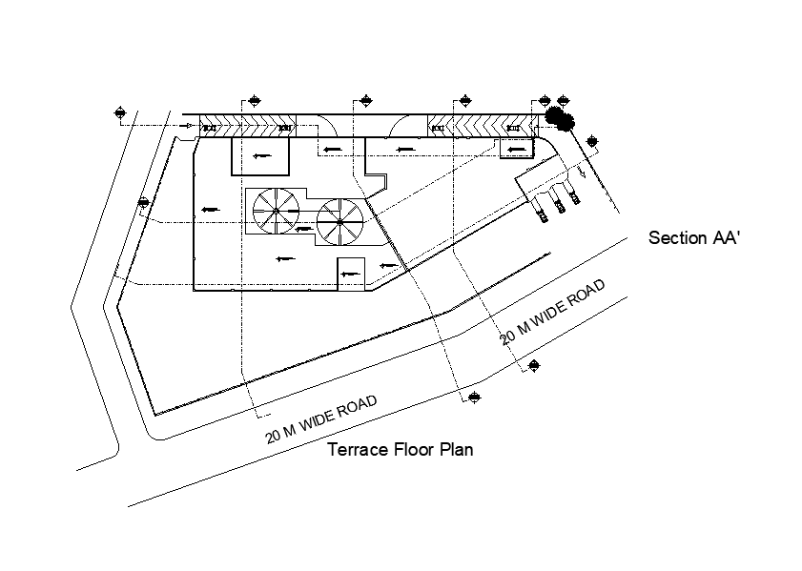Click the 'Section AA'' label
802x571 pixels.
[694, 238]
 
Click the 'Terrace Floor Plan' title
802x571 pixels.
[401, 450]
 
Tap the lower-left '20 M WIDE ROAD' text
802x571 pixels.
[322, 420]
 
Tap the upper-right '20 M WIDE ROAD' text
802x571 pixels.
[553, 311]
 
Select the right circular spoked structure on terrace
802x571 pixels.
[339, 220]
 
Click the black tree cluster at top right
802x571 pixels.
[560, 119]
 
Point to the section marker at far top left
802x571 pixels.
[120, 112]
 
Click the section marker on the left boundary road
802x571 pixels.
[143, 202]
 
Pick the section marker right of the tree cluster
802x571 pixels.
[594, 143]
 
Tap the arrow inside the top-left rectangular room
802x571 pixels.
[259, 155]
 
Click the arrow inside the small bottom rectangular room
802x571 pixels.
[350, 275]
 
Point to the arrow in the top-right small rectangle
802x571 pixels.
[516, 149]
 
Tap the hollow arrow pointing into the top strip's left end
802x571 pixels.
[187, 125]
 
